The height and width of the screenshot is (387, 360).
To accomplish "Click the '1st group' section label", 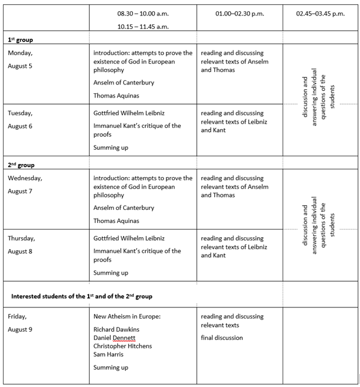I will coord(20,40).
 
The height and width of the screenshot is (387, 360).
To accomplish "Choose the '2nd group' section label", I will coord(21,165).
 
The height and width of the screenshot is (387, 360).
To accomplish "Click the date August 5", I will coord(20,65).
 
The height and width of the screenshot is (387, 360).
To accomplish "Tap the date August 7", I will coord(20,191).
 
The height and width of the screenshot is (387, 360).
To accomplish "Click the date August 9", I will coord(20,329).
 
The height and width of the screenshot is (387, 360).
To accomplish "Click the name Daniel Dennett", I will coord(115,337).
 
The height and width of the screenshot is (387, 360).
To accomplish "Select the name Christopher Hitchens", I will coord(123,346).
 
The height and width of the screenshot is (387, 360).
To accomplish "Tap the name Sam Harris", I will coord(109,354).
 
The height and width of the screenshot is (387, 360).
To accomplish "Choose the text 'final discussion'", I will coord(222,338).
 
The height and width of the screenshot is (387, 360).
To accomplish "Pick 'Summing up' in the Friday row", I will coord(111,367).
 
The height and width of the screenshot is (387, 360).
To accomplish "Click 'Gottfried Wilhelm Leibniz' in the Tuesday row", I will coord(129,112).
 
